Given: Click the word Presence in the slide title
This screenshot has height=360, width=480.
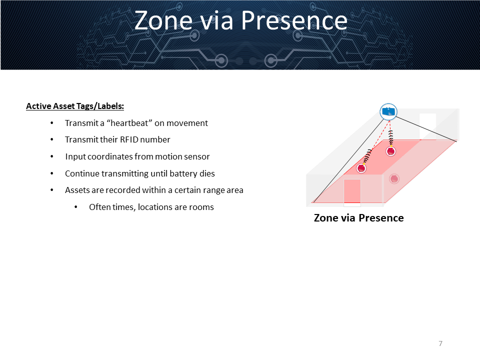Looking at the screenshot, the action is coord(294,21).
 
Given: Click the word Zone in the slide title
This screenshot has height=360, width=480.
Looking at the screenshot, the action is coord(163,21).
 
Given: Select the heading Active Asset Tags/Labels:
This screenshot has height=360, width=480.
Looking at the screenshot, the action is coord(75,106).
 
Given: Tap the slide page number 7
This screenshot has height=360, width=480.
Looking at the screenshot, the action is coord(440,343).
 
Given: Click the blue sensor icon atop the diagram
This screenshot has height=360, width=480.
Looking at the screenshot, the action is coord(388,111).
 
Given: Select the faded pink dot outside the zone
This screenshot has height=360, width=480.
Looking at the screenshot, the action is coord(394,179).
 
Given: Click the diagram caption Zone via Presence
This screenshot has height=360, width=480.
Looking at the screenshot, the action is coord(359,218).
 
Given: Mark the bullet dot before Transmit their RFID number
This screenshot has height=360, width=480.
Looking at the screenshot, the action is coord(51,140).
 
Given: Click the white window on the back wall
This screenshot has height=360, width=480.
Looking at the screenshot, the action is coord(427,126).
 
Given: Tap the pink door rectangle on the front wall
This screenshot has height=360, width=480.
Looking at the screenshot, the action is coord(352,191).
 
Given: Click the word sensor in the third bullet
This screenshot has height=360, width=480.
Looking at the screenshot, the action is coord(198,156).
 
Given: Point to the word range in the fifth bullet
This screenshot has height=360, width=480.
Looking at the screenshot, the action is coord(209,190).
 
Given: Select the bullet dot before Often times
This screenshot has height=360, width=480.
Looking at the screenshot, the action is coord(76,207).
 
